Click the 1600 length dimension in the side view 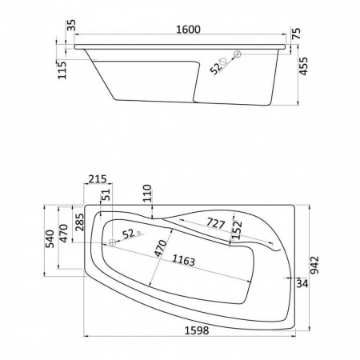pyautogui.click(x=188, y=30)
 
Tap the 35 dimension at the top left pyautogui.click(x=71, y=26)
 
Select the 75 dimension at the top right pyautogui.click(x=296, y=34)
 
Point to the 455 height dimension pyautogui.click(x=303, y=66)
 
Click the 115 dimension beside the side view pyautogui.click(x=62, y=70)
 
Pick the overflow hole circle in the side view pyautogui.click(x=237, y=54)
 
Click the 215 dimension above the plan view pyautogui.click(x=98, y=179)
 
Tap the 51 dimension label pyautogui.click(x=106, y=194)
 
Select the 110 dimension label pyautogui.click(x=147, y=193)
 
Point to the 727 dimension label pyautogui.click(x=216, y=223)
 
